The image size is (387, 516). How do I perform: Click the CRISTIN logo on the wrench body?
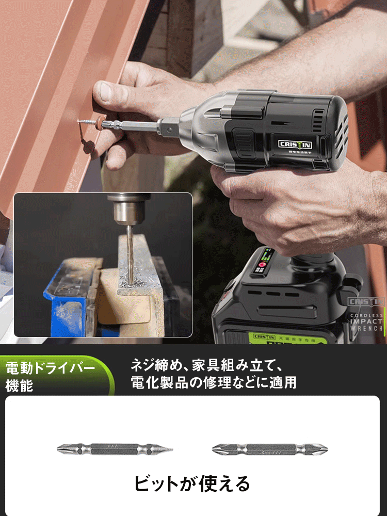(295, 144)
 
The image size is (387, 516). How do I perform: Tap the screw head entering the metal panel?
(83, 122)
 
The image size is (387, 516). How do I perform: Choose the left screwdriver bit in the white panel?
(115, 449)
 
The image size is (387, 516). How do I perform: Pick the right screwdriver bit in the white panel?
(270, 449)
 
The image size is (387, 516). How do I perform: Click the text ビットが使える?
(192, 483)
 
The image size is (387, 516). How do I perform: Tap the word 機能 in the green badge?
(19, 385)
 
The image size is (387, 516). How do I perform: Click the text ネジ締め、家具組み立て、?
(206, 366)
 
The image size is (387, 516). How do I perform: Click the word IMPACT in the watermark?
(366, 321)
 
